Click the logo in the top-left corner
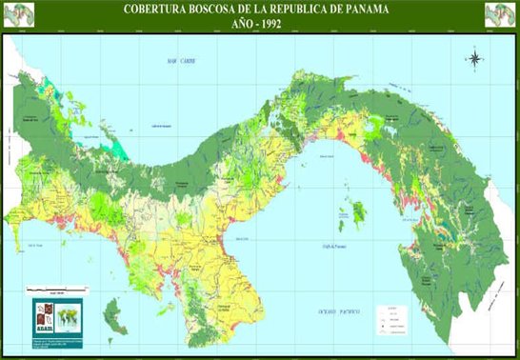pyautogui.click(x=22, y=14)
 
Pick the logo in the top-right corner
pyautogui.click(x=498, y=14)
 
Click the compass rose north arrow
pyautogui.click(x=473, y=58)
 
